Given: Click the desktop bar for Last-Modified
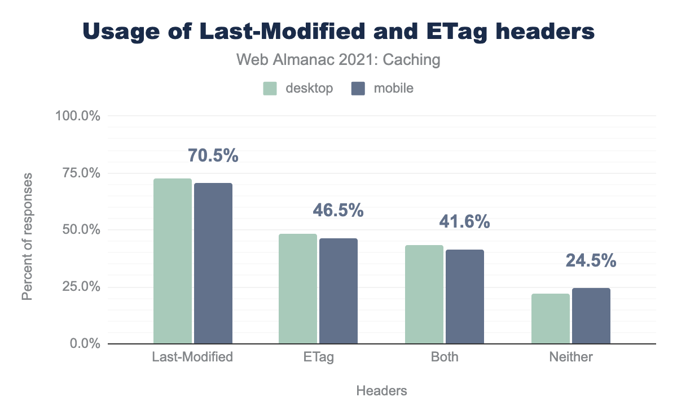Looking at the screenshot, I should [173, 261].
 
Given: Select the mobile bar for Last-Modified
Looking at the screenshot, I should [213, 263].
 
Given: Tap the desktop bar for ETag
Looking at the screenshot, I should [298, 289].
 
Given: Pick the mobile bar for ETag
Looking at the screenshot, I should [338, 291].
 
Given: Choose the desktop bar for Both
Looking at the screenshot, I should [424, 294].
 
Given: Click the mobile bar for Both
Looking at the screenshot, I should [465, 296].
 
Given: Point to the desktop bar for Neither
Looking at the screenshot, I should [551, 318].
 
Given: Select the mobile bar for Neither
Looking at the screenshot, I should [591, 316].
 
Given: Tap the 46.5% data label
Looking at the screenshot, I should [338, 211].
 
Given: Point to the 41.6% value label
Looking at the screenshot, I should [464, 222].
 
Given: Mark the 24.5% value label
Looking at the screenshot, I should [591, 261].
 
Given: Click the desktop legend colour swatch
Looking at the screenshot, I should [270, 89].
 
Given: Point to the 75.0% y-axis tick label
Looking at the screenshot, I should [77, 173].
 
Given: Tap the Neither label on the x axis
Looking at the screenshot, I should [571, 357].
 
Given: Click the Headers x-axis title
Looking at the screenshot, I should [381, 391].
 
